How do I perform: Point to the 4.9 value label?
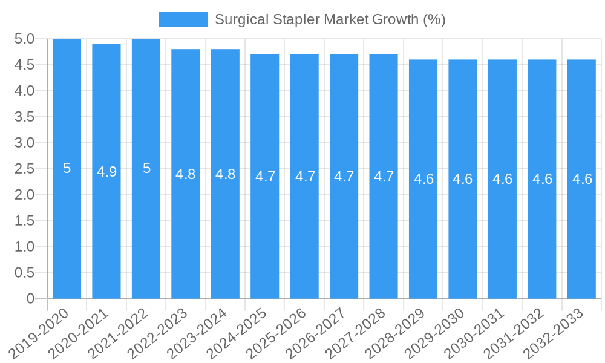(x=106, y=172)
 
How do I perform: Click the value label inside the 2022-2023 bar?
(x=186, y=174)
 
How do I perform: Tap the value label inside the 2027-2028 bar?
(x=384, y=177)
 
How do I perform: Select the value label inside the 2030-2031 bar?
(x=502, y=179)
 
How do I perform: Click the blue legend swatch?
(x=183, y=19)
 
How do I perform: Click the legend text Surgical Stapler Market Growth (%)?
(x=330, y=19)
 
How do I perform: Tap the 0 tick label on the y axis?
(x=31, y=299)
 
